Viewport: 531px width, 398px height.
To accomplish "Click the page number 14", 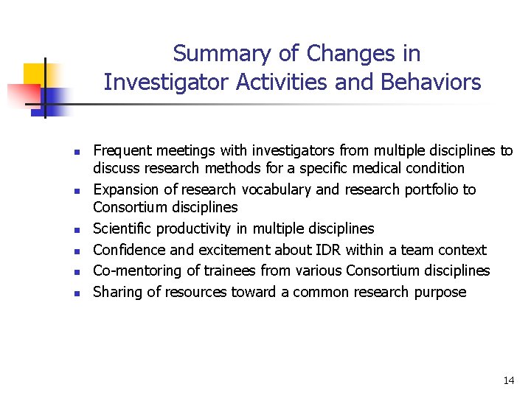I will point(508,380).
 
